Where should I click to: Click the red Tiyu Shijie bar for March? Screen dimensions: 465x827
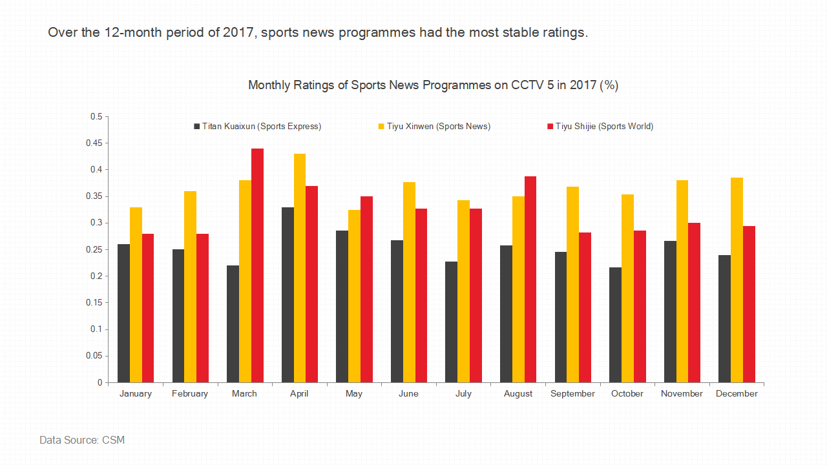tap(257, 265)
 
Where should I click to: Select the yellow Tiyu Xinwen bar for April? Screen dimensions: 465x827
tap(300, 267)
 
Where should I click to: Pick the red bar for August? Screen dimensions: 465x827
tap(530, 279)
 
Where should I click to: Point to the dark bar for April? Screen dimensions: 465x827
tap(288, 294)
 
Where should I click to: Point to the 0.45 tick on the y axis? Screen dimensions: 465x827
tap(96, 143)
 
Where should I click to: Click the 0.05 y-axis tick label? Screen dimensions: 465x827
tap(96, 356)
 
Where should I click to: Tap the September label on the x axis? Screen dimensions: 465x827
tap(572, 394)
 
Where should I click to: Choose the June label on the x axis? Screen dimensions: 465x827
tap(408, 394)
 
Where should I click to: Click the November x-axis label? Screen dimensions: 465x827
tap(682, 394)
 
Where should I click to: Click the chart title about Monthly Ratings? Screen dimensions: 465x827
tap(433, 85)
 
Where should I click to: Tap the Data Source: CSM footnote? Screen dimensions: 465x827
tap(82, 440)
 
